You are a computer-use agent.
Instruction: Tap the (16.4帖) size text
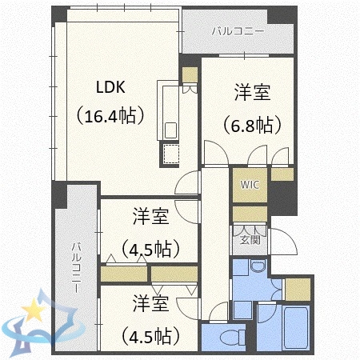tap(110, 116)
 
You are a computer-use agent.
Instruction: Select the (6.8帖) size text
tap(252, 126)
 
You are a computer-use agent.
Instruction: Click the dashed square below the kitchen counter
tap(170, 153)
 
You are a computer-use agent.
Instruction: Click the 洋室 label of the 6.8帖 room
tap(252, 94)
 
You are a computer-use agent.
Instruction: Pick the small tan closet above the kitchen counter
tap(190, 75)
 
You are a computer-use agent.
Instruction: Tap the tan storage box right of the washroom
tap(297, 289)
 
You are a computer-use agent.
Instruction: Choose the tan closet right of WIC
tap(282, 174)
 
